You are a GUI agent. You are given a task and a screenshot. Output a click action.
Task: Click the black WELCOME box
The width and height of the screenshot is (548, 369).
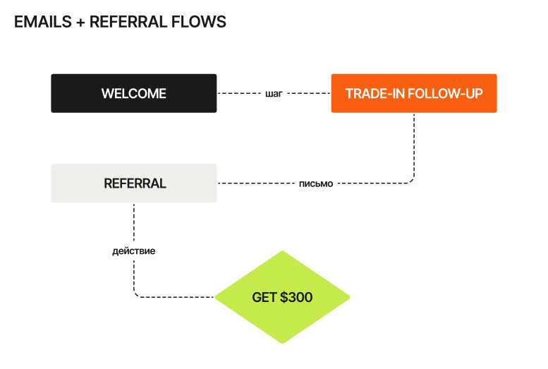[133, 93]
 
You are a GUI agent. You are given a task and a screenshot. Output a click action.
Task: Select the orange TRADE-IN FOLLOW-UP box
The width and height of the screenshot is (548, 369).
[414, 93]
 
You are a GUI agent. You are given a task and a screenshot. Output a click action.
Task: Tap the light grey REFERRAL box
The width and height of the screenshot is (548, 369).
[133, 183]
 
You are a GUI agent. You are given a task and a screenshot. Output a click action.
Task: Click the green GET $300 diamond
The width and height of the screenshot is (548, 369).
[282, 297]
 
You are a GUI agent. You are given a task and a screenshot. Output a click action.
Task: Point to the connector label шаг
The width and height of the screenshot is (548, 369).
[274, 93]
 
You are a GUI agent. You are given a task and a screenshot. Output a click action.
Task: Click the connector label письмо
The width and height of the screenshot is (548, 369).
[315, 183]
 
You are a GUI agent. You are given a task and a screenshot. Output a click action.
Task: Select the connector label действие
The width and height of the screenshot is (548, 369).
[133, 250]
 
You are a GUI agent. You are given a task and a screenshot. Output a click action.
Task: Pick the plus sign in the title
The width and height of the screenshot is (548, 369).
[80, 22]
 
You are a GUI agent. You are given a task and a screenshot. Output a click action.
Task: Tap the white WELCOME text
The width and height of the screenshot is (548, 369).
[133, 93]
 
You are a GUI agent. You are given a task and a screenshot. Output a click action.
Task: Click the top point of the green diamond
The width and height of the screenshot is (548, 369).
[282, 252]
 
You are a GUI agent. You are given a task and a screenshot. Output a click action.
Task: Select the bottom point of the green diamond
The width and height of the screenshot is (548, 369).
[282, 343]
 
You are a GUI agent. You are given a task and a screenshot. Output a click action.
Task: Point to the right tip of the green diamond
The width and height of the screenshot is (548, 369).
[349, 297]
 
